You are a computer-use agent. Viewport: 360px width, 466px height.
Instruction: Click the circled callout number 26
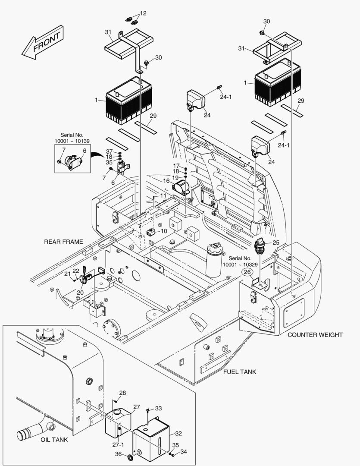coord(247,272)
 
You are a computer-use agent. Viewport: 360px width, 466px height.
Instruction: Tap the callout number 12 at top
coord(144,13)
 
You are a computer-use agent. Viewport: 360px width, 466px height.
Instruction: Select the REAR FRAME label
coord(63,242)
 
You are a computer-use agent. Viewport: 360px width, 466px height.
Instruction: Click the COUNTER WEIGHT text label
coord(315,334)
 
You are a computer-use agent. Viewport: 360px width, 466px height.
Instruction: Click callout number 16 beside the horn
coord(166,182)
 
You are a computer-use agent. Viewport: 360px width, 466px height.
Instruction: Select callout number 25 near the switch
coord(276,242)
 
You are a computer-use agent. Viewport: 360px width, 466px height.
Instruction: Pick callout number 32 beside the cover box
coord(179,433)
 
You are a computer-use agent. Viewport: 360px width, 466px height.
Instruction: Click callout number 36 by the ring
coord(118,453)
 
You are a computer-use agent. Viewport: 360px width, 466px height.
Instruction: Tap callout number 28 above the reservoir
coord(123,393)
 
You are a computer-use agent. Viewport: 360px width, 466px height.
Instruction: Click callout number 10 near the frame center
coord(164,231)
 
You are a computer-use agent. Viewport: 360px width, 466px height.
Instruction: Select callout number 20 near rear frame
coord(80,292)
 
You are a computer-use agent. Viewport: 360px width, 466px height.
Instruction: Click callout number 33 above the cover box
coord(159,408)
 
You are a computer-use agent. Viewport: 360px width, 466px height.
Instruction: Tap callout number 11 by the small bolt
coord(163,195)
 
